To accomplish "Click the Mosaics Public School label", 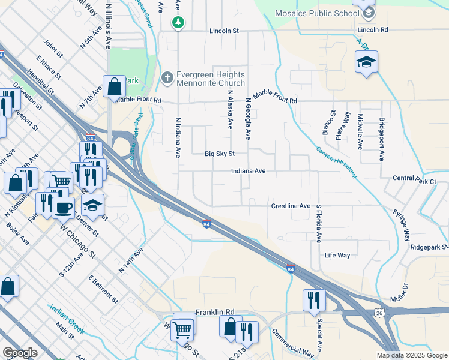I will pos(316,13).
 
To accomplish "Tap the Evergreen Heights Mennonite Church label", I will pos(211,79).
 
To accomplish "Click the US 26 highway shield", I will pos(379,313).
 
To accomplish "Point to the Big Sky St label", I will pos(219,154).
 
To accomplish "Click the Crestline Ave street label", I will pos(290,206).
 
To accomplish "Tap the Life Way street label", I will pos(337,255).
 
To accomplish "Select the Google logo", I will pos(20,353).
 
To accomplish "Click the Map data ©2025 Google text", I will pos(412,355).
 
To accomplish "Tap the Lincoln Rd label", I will pos(372,29).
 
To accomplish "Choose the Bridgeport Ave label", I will pos(381,136).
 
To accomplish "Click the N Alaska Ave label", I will pos(229,110).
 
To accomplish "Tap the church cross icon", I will pos(167,79).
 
